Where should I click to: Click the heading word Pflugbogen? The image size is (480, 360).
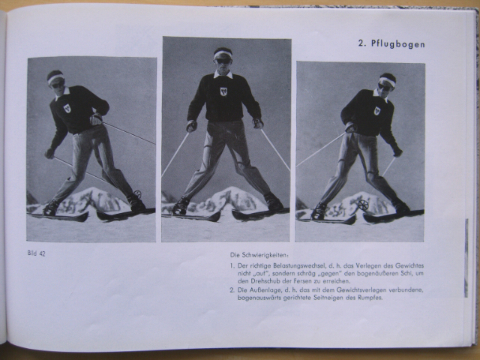point(398,43)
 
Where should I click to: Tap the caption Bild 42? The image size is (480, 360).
point(37,253)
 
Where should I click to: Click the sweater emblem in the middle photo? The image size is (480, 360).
point(223,91)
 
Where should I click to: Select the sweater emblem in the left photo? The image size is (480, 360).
point(67,108)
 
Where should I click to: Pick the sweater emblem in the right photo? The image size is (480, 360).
point(376,110)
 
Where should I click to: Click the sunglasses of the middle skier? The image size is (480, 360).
point(223,61)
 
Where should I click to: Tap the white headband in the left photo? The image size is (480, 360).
point(55,78)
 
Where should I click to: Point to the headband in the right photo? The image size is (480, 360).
point(388,81)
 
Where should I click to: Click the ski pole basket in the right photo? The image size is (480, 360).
point(363,205)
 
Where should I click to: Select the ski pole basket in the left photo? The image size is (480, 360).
point(138,193)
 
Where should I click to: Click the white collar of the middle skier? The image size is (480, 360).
point(223,74)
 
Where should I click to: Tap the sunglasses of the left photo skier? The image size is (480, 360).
point(58,85)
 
